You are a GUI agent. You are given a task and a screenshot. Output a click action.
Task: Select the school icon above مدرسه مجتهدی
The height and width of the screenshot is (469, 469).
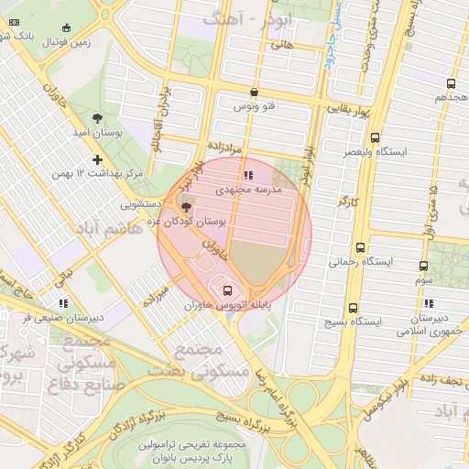click(x=245, y=176)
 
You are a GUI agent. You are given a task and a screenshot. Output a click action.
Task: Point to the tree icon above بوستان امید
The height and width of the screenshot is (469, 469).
click(x=98, y=117)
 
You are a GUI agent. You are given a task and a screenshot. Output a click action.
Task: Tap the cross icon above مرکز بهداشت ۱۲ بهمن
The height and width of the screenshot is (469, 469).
click(x=98, y=159)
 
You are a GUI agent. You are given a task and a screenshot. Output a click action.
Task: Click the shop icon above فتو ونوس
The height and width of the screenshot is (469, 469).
click(x=254, y=92)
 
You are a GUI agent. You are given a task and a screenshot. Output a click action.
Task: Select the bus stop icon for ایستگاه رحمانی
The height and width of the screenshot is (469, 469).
click(x=360, y=247)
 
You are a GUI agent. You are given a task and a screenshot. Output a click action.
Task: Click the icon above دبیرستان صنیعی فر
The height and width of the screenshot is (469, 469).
click(x=61, y=302)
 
